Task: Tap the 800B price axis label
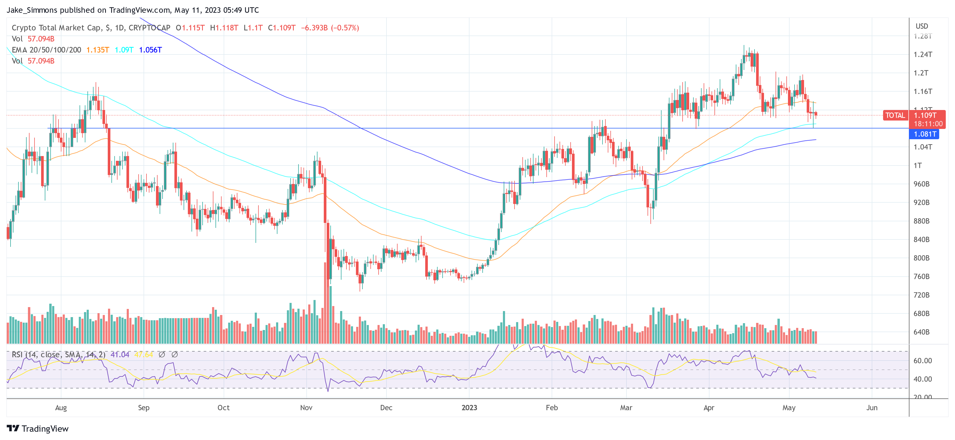(x=921, y=258)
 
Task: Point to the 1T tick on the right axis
(x=918, y=166)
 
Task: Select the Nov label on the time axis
(x=306, y=408)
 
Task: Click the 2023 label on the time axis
(x=469, y=408)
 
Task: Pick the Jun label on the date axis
(x=871, y=408)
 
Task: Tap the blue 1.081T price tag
(x=925, y=134)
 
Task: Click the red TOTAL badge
(x=895, y=116)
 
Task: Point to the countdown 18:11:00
(x=928, y=124)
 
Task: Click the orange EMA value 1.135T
(x=97, y=50)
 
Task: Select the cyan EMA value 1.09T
(x=124, y=50)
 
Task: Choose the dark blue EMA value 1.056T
(x=150, y=50)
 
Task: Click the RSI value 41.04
(x=120, y=355)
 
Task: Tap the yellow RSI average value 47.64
(x=144, y=355)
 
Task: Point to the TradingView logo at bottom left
(x=38, y=429)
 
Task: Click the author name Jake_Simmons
(x=32, y=10)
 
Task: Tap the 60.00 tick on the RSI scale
(x=922, y=361)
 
